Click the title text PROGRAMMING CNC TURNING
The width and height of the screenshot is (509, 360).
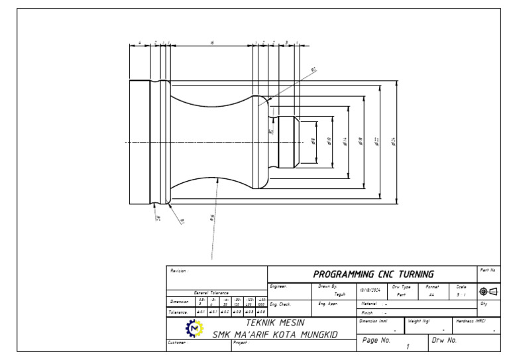(x=373, y=274)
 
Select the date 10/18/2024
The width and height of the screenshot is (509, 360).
(x=369, y=290)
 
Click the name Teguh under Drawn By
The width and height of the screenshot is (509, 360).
(x=339, y=294)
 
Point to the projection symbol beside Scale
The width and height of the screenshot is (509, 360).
(x=488, y=291)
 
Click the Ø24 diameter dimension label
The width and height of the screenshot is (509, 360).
(x=394, y=141)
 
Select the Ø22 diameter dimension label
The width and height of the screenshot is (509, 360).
(x=377, y=141)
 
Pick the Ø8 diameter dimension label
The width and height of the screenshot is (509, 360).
(x=313, y=141)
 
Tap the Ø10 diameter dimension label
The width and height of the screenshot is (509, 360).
(x=329, y=141)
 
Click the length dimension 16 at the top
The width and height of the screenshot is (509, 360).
(x=211, y=42)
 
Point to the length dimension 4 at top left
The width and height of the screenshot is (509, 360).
(x=140, y=42)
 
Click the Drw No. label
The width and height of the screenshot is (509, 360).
(x=445, y=339)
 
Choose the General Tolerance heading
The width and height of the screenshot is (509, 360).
(x=211, y=292)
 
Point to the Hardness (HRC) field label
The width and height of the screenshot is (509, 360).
(x=472, y=321)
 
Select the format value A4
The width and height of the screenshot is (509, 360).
(x=431, y=294)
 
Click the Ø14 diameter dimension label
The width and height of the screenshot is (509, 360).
(x=345, y=141)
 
